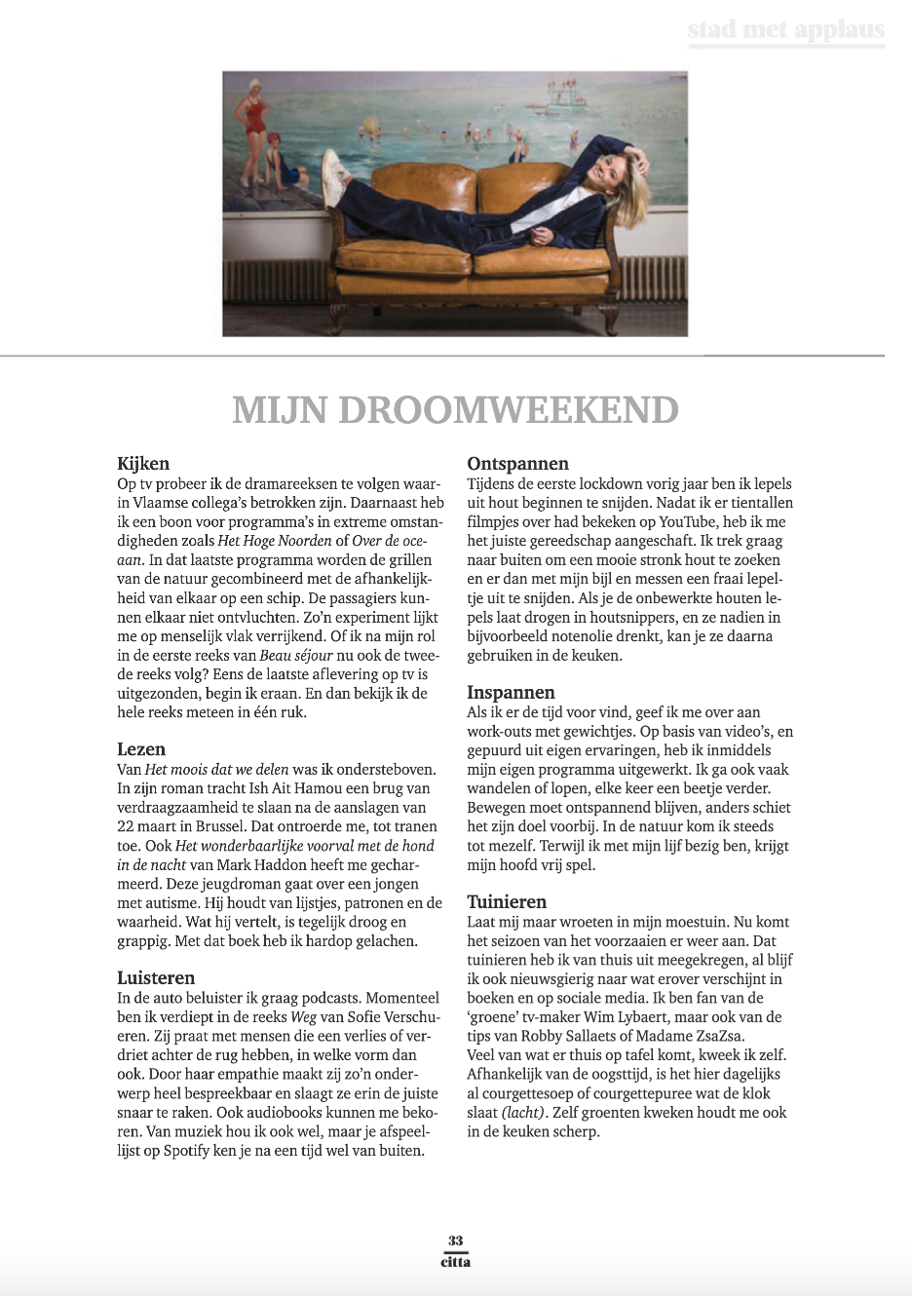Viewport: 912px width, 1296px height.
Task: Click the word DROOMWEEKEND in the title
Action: click(x=507, y=409)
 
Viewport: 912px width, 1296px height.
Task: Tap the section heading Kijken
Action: click(x=143, y=464)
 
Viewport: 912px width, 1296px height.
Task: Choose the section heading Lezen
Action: click(x=141, y=749)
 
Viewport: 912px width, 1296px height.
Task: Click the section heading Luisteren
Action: click(x=156, y=977)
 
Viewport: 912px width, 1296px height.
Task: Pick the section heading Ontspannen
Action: click(x=517, y=464)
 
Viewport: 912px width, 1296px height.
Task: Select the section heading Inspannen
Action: click(x=511, y=693)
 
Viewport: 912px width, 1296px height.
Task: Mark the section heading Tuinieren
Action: click(x=507, y=901)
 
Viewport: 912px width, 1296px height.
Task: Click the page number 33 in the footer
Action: click(x=455, y=1240)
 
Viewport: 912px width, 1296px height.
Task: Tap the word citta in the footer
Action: click(x=455, y=1262)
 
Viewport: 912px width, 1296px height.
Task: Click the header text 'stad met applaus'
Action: click(x=785, y=31)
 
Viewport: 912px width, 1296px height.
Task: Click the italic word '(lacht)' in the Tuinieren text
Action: click(x=523, y=1112)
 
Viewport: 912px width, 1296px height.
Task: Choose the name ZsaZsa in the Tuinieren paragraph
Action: click(x=732, y=1036)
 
